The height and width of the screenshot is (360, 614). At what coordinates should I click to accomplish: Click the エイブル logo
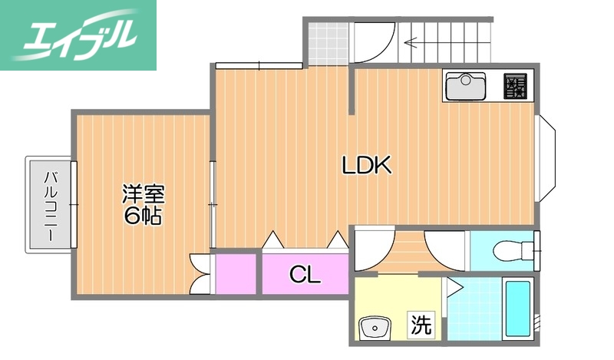(78, 35)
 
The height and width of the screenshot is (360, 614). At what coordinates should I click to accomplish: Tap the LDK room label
(367, 164)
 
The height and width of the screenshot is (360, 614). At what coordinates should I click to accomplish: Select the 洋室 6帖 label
(143, 204)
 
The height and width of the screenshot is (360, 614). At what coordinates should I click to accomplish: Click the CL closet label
(305, 274)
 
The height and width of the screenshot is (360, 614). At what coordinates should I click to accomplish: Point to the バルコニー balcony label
(51, 205)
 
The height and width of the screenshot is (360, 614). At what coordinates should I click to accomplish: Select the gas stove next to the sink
(515, 85)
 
